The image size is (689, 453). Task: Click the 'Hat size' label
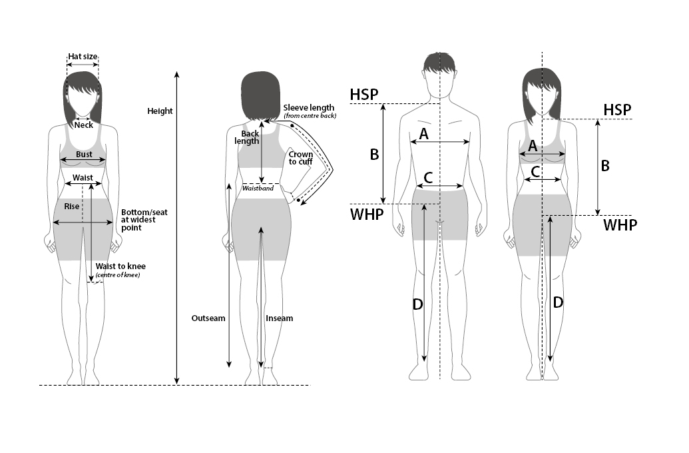coord(83,57)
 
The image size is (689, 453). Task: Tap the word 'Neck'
coord(84,125)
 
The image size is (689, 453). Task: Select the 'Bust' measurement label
coord(84,155)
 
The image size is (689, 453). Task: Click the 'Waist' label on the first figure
coord(83,178)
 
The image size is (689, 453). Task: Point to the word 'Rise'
coord(71,207)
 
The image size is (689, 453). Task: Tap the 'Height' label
coord(160,111)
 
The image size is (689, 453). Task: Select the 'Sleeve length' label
coord(308,108)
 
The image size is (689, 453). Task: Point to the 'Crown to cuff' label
coord(301,158)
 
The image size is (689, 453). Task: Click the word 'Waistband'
coord(258,189)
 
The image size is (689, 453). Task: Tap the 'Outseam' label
coord(208,318)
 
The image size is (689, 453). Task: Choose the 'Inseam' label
coord(279,318)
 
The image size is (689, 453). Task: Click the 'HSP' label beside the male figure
coord(363,95)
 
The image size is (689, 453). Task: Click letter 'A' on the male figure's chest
coord(423,134)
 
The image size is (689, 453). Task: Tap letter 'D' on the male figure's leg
coord(417,304)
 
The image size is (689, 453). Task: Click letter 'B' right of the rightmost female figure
coord(605,166)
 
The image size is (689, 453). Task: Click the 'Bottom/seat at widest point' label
coord(144,220)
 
